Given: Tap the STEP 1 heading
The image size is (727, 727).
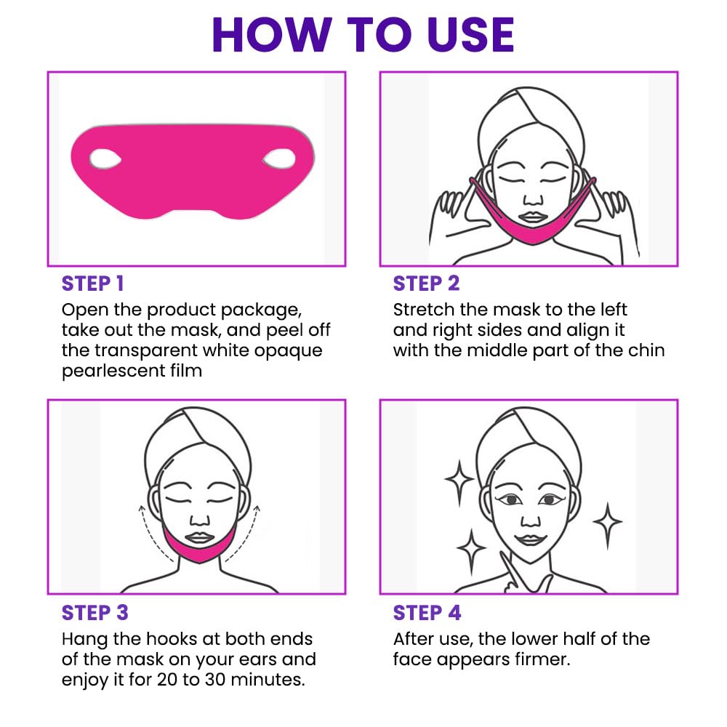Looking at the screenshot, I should pos(92,284).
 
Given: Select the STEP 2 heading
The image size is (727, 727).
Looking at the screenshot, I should pos(426,284).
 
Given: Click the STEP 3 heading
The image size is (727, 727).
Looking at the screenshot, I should pos(95,612).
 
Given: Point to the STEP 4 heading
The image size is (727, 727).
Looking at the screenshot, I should pos(427,612).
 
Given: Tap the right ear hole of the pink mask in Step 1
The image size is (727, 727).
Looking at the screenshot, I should pos(279,156).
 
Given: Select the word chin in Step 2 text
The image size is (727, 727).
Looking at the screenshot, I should pos(646,350).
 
